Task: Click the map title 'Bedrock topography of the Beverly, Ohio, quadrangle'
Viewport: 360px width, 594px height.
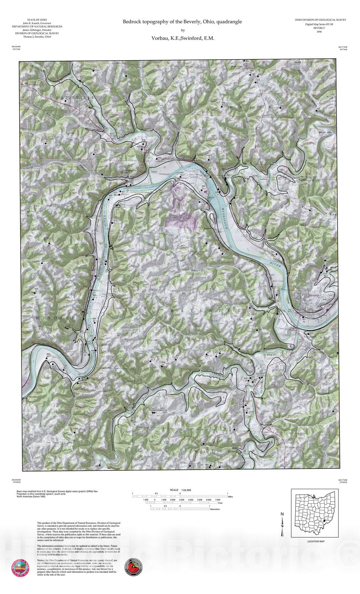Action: [182, 22]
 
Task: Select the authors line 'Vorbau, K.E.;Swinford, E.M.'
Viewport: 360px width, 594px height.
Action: [182, 38]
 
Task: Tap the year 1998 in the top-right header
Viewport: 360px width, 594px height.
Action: [319, 32]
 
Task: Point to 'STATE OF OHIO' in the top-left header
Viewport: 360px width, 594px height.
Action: [37, 20]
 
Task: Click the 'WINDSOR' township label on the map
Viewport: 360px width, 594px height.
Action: [56, 318]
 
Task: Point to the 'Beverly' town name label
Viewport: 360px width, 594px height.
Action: [314, 295]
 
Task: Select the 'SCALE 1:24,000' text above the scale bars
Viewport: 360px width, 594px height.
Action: [180, 490]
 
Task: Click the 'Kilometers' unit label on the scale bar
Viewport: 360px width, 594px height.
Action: [215, 509]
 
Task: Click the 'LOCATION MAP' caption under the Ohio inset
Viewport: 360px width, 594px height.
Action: [315, 541]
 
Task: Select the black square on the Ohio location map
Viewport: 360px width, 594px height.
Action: [324, 521]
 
